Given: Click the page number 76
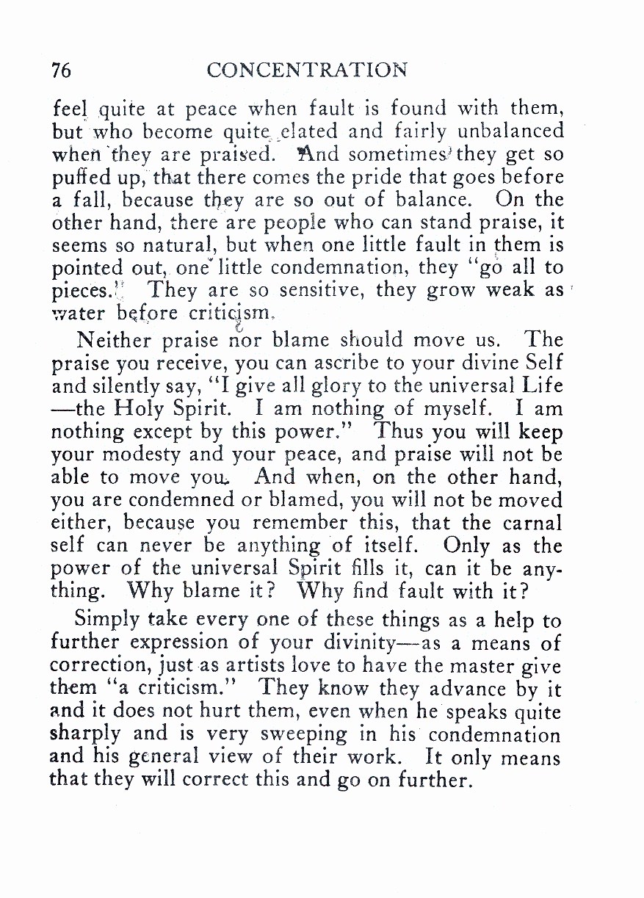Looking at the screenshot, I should click(x=62, y=70).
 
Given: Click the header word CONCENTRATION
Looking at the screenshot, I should click(x=306, y=70).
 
